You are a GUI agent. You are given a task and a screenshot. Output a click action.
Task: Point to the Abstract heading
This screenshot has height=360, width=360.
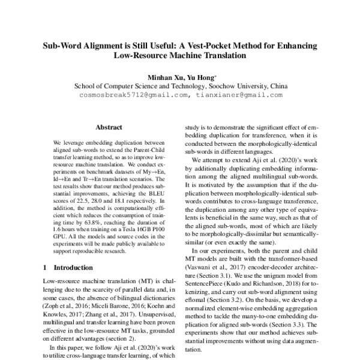pyautogui.click(x=109, y=127)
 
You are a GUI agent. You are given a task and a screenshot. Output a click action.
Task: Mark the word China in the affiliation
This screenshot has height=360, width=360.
pyautogui.click(x=277, y=86)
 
